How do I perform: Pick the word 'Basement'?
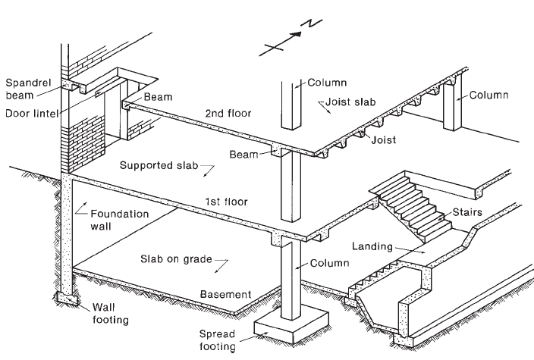pyautogui.click(x=225, y=294)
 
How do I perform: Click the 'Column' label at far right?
pyautogui.click(x=488, y=95)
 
